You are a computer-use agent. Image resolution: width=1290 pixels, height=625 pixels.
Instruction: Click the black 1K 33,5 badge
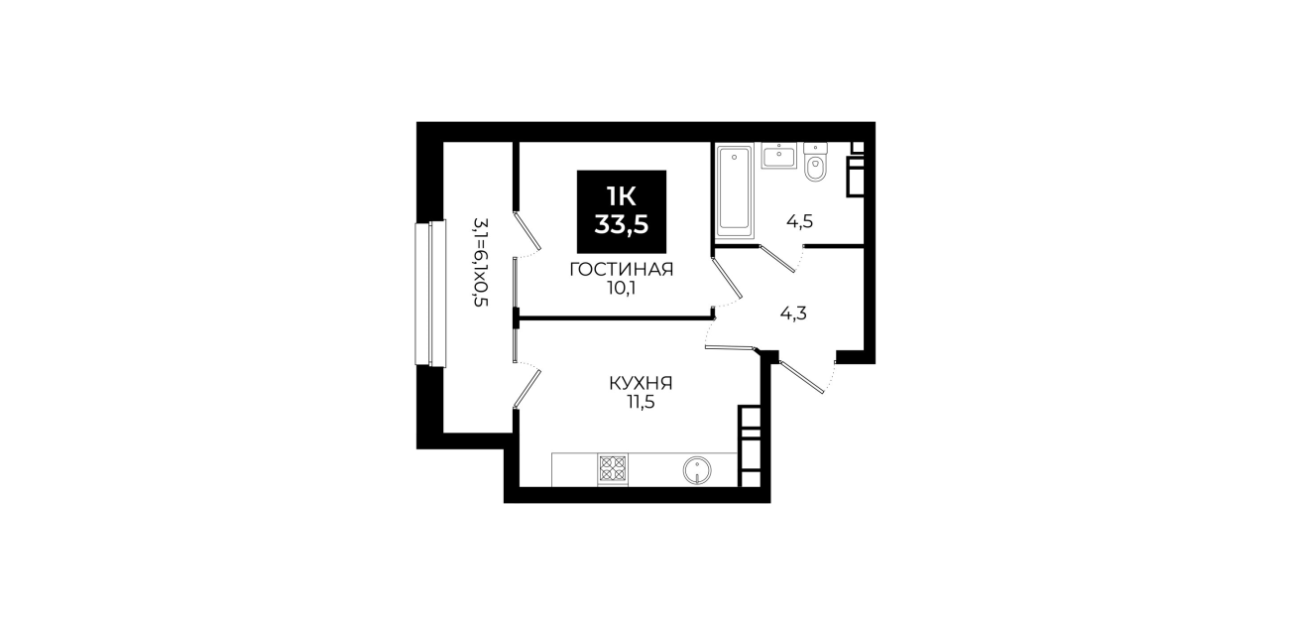pyautogui.click(x=622, y=211)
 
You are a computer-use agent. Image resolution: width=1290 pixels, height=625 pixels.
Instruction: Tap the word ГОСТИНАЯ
pyautogui.click(x=622, y=269)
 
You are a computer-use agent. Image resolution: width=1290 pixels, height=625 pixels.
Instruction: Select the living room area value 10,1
pyautogui.click(x=622, y=288)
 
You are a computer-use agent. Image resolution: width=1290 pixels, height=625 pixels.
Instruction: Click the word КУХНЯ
pyautogui.click(x=641, y=383)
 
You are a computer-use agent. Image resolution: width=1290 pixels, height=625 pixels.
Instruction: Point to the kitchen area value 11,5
pyautogui.click(x=641, y=402)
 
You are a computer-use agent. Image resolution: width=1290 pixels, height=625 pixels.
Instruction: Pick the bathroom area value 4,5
pyautogui.click(x=799, y=221)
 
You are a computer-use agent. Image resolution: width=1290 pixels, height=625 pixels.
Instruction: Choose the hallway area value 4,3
pyautogui.click(x=793, y=313)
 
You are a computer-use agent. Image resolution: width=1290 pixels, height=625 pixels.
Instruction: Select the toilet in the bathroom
pyautogui.click(x=815, y=163)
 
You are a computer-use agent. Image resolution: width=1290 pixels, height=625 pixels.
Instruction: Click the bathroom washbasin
pyautogui.click(x=778, y=156)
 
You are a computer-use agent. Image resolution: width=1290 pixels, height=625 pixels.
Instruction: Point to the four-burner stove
pyautogui.click(x=613, y=469)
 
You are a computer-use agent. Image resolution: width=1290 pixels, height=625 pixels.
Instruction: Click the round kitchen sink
pyautogui.click(x=697, y=470)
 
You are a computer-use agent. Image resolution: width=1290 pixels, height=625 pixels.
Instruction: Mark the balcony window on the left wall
pyautogui.click(x=430, y=293)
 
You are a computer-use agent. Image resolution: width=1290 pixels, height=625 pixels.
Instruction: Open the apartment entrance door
pyautogui.click(x=801, y=377)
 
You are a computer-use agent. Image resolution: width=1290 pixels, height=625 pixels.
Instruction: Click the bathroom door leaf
pyautogui.click(x=777, y=259)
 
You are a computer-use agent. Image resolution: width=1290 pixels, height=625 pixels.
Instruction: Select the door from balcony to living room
pyautogui.click(x=528, y=231)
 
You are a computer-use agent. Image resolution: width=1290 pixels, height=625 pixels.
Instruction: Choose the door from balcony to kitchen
pyautogui.click(x=528, y=389)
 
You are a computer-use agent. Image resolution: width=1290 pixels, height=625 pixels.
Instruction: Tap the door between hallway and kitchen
pyautogui.click(x=730, y=347)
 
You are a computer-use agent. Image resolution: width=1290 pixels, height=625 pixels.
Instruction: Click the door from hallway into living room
pyautogui.click(x=726, y=278)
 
